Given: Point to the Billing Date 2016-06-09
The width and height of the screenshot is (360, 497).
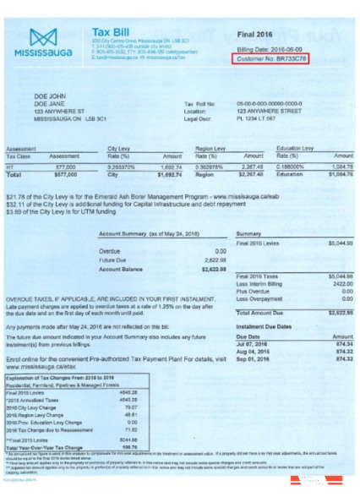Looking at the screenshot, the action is (268, 50).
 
